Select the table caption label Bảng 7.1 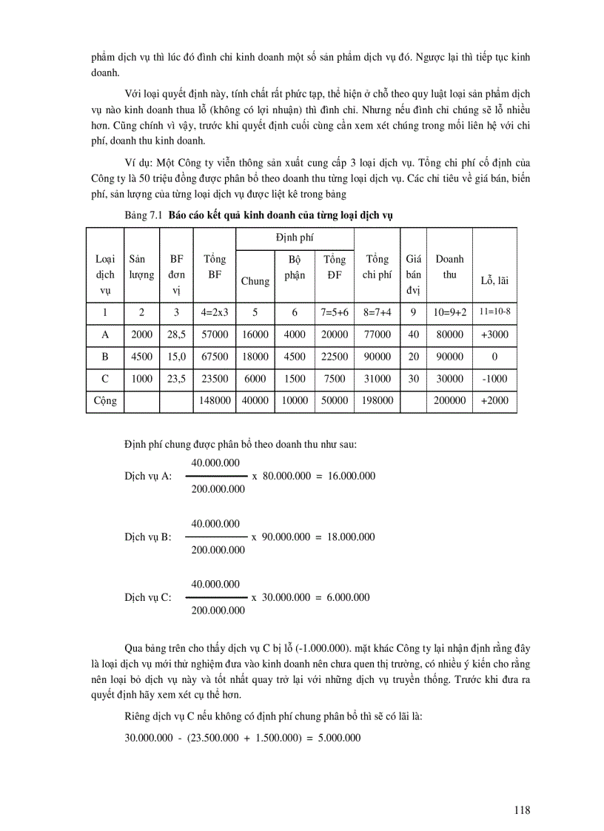coord(144,215)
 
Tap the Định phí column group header coord(295,238)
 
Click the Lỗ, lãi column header coord(494,280)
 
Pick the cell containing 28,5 coord(177,334)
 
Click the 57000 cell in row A coord(214,334)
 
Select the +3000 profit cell coord(494,334)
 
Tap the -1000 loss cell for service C coord(494,378)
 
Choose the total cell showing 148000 coord(214,400)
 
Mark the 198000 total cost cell coord(377,400)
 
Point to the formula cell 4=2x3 coord(214,312)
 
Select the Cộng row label coord(104,400)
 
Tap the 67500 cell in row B coord(214,357)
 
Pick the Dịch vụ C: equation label coord(148,597)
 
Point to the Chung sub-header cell coord(255,280)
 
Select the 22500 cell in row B coord(335,357)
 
